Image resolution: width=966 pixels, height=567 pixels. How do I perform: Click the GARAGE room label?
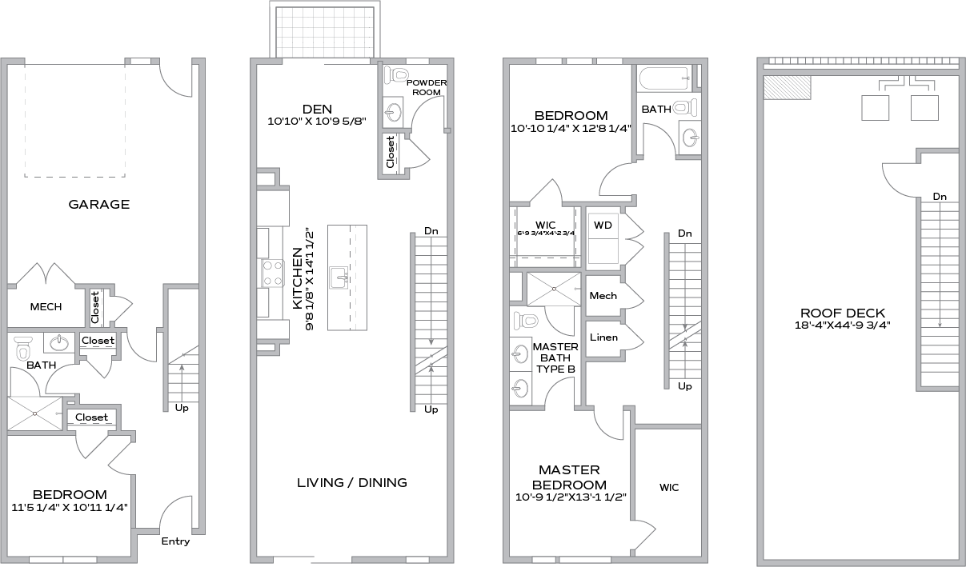click(x=99, y=204)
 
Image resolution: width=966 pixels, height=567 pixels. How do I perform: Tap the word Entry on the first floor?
click(x=175, y=541)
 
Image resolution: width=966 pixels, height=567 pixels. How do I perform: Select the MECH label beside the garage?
click(x=46, y=306)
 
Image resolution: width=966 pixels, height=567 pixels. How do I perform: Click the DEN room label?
click(x=317, y=110)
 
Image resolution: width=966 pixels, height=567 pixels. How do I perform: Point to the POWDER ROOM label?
click(x=427, y=87)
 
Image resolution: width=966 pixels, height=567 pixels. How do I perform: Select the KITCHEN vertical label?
click(x=297, y=278)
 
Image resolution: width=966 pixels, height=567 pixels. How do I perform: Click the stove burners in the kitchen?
click(x=271, y=273)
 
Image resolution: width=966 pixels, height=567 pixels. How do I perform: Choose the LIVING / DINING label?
click(x=352, y=482)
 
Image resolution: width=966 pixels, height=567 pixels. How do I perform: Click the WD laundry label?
click(x=603, y=225)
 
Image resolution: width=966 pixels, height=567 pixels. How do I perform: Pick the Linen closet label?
click(x=603, y=337)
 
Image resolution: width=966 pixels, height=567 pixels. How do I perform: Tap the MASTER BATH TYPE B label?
click(x=555, y=357)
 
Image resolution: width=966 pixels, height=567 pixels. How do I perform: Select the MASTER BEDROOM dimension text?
click(x=569, y=497)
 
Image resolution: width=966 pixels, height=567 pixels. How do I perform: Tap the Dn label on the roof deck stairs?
click(x=940, y=197)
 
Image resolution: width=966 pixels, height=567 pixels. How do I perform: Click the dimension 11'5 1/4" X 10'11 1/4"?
click(x=70, y=507)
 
